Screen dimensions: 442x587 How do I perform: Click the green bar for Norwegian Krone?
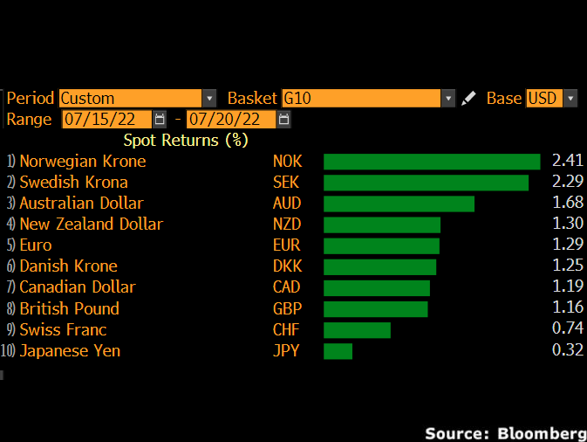432,162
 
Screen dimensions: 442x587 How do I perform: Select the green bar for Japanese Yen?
338,351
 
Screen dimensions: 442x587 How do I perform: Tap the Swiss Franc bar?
357,330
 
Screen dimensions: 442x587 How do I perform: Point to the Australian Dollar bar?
399,204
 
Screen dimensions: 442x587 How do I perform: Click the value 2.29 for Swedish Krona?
568,183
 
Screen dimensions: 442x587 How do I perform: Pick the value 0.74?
568,330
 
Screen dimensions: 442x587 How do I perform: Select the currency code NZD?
287,224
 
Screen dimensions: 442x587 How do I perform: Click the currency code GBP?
287,309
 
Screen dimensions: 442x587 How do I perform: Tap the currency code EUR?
286,245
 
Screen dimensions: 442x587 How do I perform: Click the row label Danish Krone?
68,266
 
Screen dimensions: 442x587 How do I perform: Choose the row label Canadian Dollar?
78,287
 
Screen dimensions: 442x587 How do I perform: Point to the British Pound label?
69,309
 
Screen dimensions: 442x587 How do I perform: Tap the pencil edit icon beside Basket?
469,98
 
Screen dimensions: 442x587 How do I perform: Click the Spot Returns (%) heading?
186,140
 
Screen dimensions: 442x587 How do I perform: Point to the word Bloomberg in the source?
542,433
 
